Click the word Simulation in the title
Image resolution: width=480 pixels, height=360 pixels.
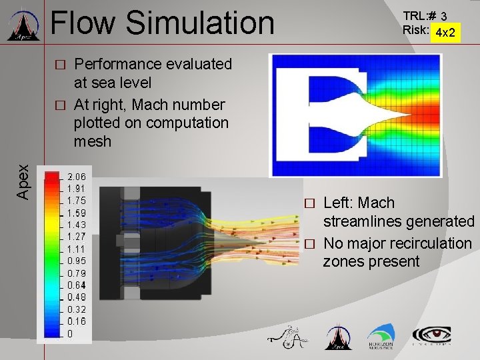pos(200,23)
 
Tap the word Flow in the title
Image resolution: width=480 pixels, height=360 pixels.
pos(84,23)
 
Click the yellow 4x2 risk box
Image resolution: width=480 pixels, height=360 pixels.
pos(445,31)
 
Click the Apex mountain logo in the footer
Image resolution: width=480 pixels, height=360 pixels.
pos(337,337)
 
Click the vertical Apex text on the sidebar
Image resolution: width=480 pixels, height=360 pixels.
pos(22,181)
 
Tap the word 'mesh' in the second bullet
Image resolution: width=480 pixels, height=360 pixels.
pos(93,141)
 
